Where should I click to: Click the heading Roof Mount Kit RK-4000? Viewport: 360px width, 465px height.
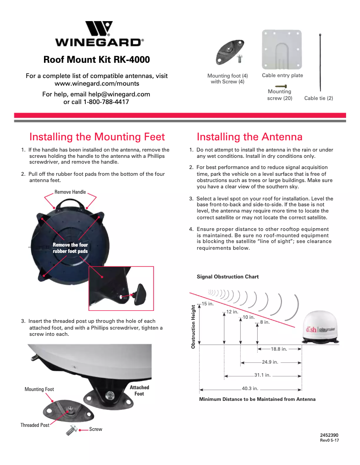(x=97, y=60)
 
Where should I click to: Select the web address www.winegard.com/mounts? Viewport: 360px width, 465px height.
(x=97, y=83)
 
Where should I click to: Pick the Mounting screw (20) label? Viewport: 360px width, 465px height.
(x=280, y=95)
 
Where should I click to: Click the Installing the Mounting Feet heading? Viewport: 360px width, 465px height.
(x=97, y=137)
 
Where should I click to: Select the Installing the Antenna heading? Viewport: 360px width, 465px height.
(x=250, y=137)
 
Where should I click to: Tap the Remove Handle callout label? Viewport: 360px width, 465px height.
(x=70, y=192)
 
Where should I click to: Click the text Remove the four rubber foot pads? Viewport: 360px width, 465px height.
(x=70, y=248)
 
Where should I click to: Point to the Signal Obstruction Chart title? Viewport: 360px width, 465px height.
(x=228, y=277)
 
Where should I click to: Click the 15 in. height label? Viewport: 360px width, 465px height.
(x=207, y=304)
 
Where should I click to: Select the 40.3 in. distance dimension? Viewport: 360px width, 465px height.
(x=250, y=388)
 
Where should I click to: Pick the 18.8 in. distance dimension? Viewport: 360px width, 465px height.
(x=279, y=348)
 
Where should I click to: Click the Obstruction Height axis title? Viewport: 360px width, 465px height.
(x=193, y=327)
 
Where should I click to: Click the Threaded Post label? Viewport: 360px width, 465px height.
(x=35, y=425)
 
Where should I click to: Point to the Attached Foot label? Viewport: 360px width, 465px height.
(x=139, y=391)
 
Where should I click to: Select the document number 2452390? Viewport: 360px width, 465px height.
(x=329, y=435)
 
